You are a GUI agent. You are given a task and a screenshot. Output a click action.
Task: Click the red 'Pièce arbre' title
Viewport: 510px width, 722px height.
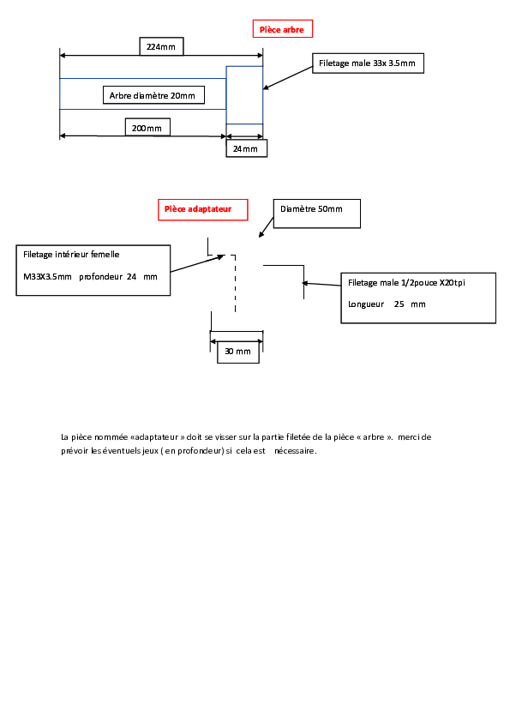pyautogui.click(x=282, y=29)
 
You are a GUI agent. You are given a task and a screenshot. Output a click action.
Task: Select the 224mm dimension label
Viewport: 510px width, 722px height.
pyautogui.click(x=160, y=46)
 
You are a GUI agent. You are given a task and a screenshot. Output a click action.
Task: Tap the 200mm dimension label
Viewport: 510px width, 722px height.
pyautogui.click(x=147, y=128)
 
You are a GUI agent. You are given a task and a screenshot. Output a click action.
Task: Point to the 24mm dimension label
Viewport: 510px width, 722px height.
pyautogui.click(x=245, y=148)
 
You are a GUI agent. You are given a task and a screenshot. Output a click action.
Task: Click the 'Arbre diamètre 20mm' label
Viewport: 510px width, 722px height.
pyautogui.click(x=153, y=96)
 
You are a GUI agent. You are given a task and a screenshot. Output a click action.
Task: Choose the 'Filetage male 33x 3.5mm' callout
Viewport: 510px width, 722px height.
pyautogui.click(x=367, y=63)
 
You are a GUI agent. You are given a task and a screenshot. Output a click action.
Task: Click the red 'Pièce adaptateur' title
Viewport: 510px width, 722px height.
pyautogui.click(x=198, y=209)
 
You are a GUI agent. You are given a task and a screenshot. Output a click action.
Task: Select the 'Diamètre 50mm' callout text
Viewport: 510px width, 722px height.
pyautogui.click(x=311, y=209)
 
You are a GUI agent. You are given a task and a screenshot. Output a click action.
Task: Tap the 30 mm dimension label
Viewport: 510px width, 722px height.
pyautogui.click(x=237, y=352)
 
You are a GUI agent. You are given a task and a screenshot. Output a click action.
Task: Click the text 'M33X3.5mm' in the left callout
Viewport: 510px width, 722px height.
pyautogui.click(x=47, y=277)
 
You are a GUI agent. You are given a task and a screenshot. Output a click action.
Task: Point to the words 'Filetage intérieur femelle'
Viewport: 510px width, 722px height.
pyautogui.click(x=71, y=254)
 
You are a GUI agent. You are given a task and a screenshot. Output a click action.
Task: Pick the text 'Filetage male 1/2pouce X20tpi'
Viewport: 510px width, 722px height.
pyautogui.click(x=406, y=283)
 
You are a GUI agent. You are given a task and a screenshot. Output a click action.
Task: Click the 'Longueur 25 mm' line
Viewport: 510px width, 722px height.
pyautogui.click(x=387, y=304)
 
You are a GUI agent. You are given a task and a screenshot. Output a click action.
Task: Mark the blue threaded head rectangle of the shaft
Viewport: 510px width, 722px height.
pyautogui.click(x=244, y=95)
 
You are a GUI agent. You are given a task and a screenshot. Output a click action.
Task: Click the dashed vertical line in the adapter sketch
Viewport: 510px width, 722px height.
pyautogui.click(x=235, y=284)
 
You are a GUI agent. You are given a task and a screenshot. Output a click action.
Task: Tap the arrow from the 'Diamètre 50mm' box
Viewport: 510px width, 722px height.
pyautogui.click(x=267, y=227)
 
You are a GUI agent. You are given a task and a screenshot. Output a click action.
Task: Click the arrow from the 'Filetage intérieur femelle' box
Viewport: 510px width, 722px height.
pyautogui.click(x=197, y=263)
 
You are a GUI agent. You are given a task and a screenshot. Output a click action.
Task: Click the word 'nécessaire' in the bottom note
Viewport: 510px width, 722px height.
pyautogui.click(x=295, y=451)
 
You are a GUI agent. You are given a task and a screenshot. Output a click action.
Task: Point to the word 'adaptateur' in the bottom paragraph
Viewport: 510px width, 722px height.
pyautogui.click(x=157, y=437)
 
